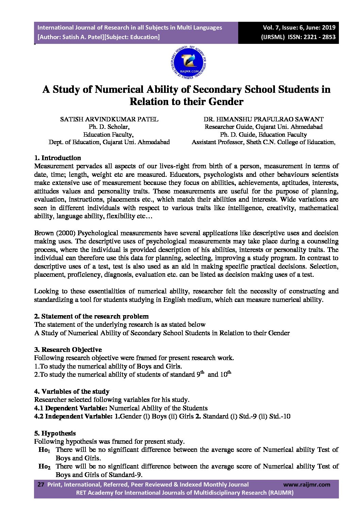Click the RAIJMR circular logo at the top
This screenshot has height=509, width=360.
tap(189, 63)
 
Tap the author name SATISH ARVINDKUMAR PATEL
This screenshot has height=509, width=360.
tap(109, 119)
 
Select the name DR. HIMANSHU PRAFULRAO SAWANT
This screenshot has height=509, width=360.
tap(263, 119)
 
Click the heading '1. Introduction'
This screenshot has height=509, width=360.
tap(58, 158)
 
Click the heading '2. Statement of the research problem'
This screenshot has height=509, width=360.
tap(91, 316)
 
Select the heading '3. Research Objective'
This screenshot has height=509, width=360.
tap(68, 350)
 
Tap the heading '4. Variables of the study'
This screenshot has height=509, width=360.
tap(72, 391)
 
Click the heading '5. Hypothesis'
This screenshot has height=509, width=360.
tap(55, 433)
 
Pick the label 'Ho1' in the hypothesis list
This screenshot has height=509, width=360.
tap(44, 450)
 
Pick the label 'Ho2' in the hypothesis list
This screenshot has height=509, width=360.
tap(44, 466)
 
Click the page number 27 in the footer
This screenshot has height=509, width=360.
tap(40, 485)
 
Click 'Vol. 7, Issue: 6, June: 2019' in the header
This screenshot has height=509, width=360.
tap(299, 28)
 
